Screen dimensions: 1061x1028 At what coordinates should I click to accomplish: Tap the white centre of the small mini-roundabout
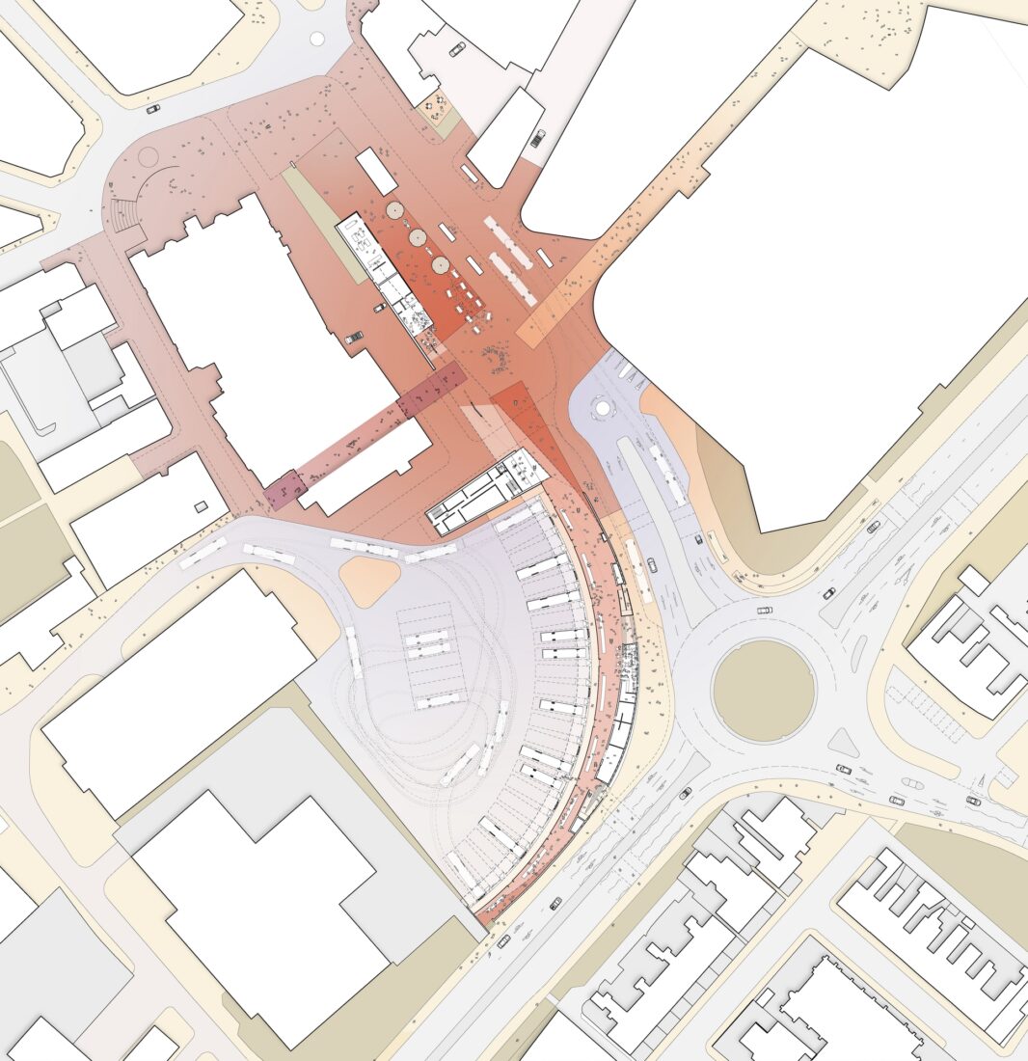[604, 407]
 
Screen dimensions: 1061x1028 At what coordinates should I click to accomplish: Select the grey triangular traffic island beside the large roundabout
[844, 742]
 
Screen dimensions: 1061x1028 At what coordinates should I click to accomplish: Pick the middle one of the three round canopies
[418, 236]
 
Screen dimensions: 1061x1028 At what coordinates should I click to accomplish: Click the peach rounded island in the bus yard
[368, 582]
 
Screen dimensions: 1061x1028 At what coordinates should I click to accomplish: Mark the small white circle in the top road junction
[317, 39]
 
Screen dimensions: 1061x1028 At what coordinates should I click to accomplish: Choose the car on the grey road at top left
[153, 109]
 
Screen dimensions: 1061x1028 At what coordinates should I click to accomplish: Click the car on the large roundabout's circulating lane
[764, 610]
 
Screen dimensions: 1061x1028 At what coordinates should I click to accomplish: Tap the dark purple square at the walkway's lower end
[284, 489]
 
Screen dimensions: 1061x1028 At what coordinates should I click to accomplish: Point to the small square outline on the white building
[198, 505]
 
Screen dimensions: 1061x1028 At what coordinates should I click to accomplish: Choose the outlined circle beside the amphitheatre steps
[148, 155]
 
